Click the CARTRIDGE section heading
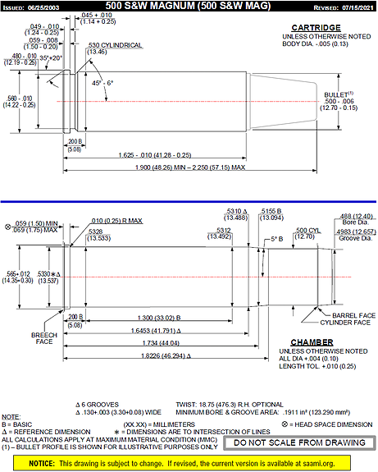pyautogui.click(x=317, y=29)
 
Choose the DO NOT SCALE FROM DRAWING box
pyautogui.click(x=298, y=442)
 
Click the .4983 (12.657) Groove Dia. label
pyautogui.click(x=353, y=233)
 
